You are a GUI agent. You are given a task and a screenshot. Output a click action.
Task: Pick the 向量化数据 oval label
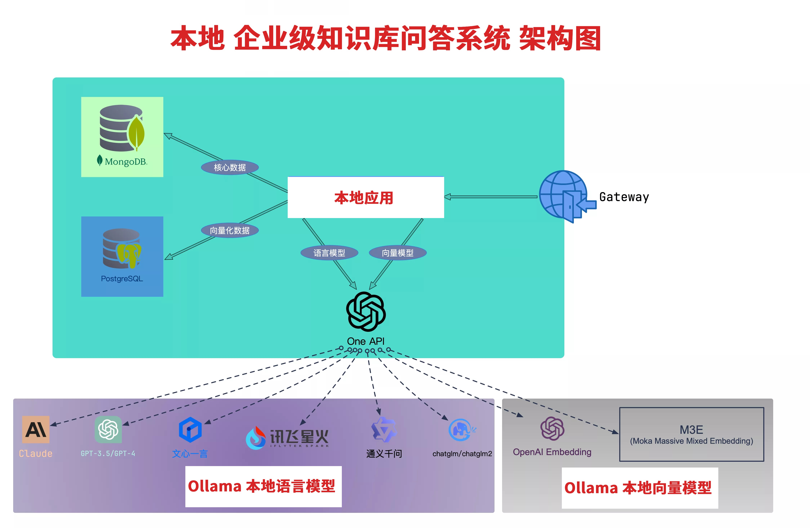pos(230,231)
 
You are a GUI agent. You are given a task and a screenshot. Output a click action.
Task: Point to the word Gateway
pos(624,197)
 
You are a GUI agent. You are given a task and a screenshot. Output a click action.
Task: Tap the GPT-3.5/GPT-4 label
pos(108,453)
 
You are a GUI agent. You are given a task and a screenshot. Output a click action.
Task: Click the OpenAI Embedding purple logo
pos(552,428)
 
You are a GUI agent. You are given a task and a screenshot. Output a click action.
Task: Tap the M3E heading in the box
pos(691,430)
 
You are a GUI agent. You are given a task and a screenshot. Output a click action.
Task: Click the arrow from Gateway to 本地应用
pos(490,197)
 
